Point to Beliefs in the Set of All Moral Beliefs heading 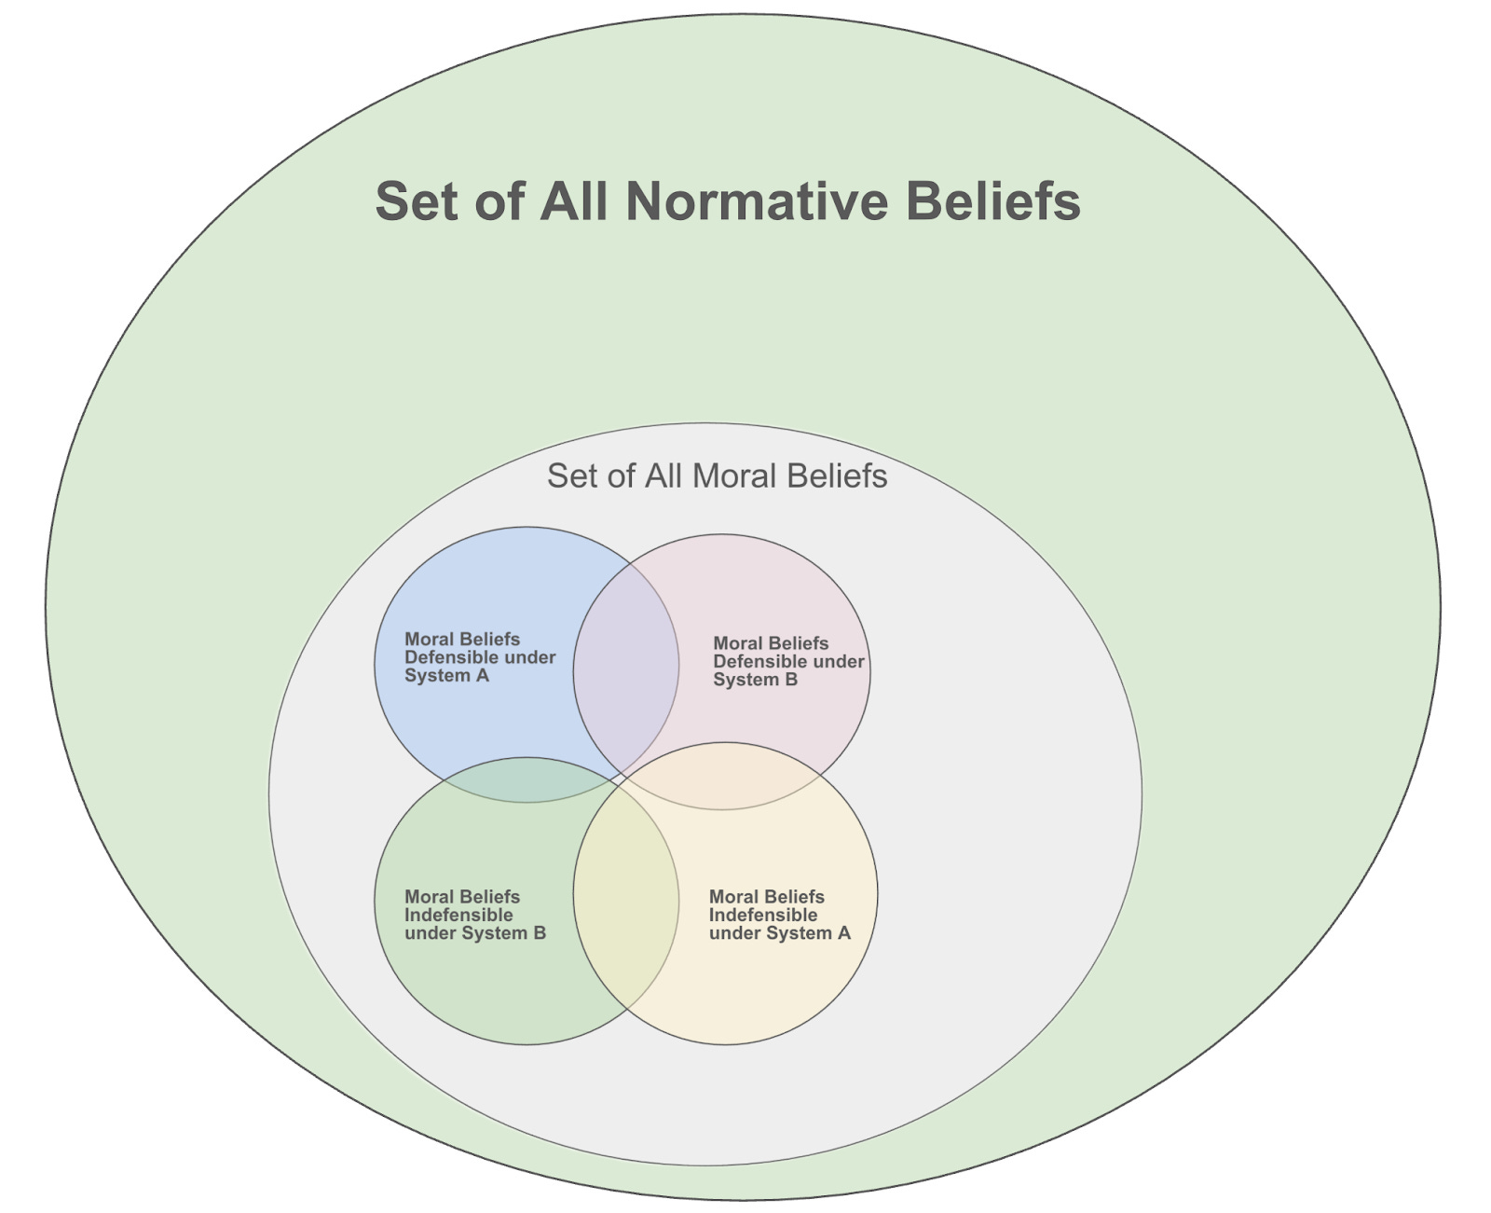click(x=837, y=476)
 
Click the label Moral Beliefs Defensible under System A click(x=479, y=657)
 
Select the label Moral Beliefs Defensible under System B click(x=787, y=661)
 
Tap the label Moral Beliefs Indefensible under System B click(x=474, y=915)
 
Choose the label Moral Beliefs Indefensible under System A click(x=779, y=915)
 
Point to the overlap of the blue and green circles click(x=526, y=780)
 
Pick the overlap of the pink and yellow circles click(x=723, y=776)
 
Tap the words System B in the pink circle click(x=755, y=680)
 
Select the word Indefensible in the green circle click(x=458, y=915)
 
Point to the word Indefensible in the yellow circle click(x=762, y=915)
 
